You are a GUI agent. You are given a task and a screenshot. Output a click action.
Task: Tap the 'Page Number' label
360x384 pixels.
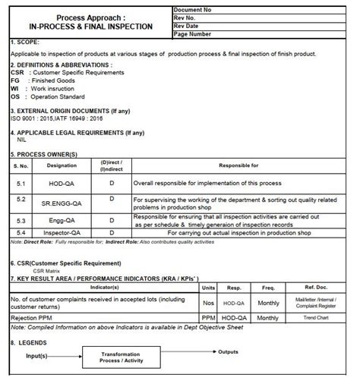(194, 34)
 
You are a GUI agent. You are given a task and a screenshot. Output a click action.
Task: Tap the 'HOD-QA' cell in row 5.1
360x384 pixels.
(62, 184)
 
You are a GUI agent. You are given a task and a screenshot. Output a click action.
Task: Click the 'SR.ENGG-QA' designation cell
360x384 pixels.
(62, 203)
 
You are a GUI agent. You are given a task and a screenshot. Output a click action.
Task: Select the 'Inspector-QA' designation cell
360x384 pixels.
(62, 232)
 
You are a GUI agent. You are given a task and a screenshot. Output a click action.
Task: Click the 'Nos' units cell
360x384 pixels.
(208, 302)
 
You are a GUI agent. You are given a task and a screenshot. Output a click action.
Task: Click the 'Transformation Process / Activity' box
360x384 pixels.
(123, 357)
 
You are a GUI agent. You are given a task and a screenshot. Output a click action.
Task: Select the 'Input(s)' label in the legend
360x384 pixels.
(41, 356)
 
